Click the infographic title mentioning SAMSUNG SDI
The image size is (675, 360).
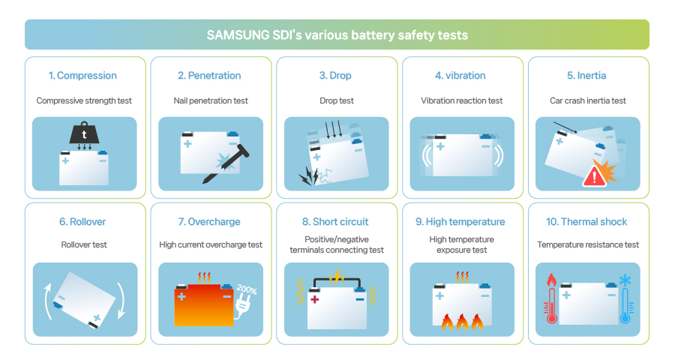click(x=337, y=35)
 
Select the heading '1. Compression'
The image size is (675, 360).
click(x=82, y=76)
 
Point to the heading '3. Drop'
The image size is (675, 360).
click(x=335, y=76)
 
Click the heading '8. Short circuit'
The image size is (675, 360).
click(x=335, y=222)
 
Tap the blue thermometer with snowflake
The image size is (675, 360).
click(x=625, y=300)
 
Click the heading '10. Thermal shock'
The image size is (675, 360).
click(x=587, y=222)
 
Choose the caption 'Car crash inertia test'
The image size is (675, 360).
click(x=587, y=100)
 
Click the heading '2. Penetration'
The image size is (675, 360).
click(x=209, y=76)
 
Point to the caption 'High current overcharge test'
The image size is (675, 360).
click(x=211, y=244)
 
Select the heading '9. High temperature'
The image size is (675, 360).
click(x=461, y=222)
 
